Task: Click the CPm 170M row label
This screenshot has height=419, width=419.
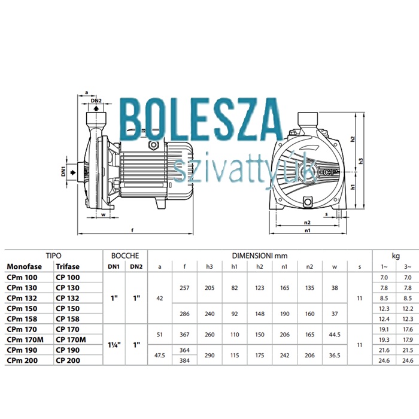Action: coord(25,339)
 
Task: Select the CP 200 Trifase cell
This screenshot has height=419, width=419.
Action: coord(68,360)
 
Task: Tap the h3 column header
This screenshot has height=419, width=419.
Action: coord(209,266)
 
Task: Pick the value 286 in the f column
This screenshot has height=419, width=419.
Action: coord(184,314)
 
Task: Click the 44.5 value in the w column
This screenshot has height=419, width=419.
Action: coord(335,335)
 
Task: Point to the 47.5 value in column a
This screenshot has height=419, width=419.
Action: coord(160,356)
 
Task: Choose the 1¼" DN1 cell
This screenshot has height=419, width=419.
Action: coord(114,345)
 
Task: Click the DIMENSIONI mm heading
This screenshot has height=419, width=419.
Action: coord(260,256)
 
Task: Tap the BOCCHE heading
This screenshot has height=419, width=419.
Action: coord(125,256)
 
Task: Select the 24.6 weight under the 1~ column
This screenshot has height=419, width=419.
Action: coord(384,360)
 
